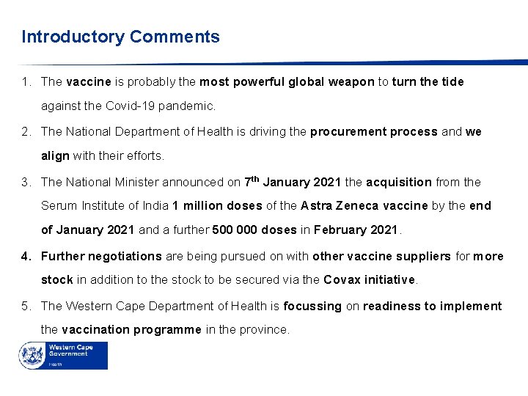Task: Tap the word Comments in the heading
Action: click(175, 37)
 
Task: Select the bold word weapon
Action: click(350, 82)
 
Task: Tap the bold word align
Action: click(55, 156)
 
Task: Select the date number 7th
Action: click(251, 181)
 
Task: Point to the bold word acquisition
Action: click(399, 182)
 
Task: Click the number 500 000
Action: click(235, 230)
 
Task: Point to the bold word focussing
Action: click(312, 306)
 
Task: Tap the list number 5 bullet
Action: click(26, 306)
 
